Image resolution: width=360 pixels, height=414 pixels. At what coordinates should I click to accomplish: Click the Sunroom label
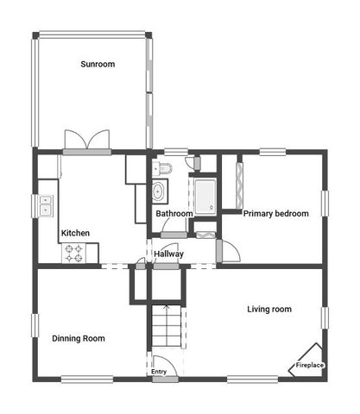pos(98,65)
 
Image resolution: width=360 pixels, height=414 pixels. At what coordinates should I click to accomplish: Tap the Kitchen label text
pos(75,233)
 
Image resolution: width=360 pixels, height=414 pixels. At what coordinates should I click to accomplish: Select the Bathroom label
pos(174,213)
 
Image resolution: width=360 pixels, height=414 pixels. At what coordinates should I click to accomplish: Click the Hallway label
pos(168,254)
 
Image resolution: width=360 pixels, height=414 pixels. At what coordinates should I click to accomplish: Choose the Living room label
pos(269,309)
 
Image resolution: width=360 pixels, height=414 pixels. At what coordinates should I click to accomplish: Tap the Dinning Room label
pos(79,339)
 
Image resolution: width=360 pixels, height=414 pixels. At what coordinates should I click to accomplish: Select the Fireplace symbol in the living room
pos(308,364)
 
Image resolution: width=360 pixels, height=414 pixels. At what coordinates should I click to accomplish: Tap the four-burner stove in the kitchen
pos(74,254)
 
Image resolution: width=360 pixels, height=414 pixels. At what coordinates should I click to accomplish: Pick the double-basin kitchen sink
pos(45,206)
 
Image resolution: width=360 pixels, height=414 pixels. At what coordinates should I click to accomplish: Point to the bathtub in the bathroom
pos(205,197)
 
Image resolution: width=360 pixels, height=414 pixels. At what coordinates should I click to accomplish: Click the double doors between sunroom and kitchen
pos(86,142)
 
